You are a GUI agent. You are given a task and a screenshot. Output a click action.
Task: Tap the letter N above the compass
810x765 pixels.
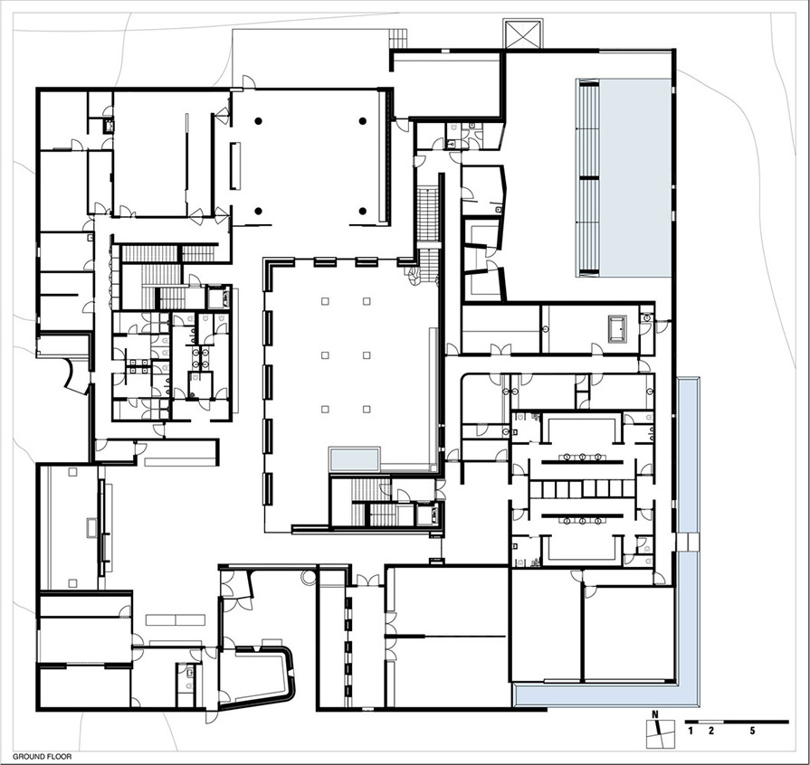coord(654,714)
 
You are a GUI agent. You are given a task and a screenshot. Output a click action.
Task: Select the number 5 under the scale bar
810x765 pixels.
coord(752,731)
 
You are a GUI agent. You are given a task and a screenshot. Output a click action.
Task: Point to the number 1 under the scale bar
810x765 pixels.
coord(691,731)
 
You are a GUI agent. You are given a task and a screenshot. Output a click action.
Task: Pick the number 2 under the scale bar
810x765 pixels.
coord(710,731)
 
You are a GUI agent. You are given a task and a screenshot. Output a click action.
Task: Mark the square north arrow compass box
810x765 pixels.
coord(660,733)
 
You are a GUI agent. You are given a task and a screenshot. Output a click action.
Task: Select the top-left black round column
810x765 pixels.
coord(258,121)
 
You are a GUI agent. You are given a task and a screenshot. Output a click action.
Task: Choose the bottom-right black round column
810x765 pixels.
coord(363,211)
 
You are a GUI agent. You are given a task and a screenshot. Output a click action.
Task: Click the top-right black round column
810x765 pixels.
coord(363,121)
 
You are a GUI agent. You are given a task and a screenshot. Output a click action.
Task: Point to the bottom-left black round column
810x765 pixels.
coord(258,211)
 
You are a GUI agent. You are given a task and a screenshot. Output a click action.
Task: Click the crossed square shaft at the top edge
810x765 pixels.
coord(523,34)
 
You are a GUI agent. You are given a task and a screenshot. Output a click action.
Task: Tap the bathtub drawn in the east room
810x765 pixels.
coord(617,328)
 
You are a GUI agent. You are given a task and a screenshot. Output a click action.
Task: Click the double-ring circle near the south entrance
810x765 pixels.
coord(309,578)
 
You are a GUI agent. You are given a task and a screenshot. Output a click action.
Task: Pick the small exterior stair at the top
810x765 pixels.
coord(398,39)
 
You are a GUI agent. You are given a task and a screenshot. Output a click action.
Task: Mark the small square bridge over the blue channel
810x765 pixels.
coord(688,542)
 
